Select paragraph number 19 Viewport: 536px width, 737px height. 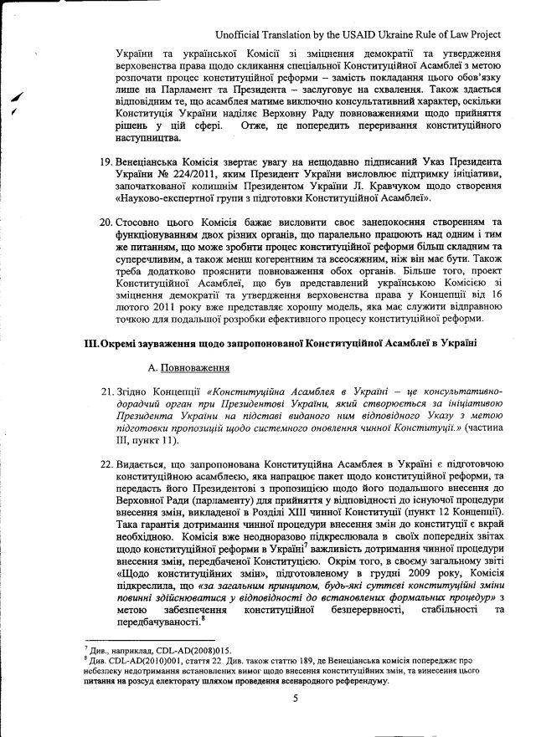click(x=106, y=159)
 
